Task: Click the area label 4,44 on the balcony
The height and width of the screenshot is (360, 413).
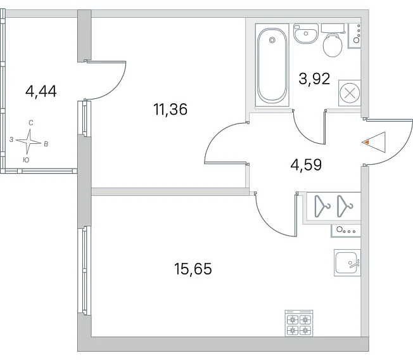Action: [41, 92]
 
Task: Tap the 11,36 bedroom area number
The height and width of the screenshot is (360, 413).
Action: [170, 110]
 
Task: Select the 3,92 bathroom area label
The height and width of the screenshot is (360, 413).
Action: [314, 79]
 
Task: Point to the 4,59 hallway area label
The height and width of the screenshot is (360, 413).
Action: [306, 165]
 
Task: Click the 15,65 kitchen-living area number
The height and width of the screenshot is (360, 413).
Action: [193, 269]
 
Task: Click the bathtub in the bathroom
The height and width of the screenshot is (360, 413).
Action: [272, 65]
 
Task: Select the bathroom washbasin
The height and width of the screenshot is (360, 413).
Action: [306, 34]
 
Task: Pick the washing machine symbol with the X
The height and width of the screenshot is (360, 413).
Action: [350, 93]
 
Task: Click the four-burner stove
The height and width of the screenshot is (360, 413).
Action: [299, 323]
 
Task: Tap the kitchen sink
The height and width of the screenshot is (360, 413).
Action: [347, 262]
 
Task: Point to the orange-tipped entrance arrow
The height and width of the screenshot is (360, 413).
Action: [374, 142]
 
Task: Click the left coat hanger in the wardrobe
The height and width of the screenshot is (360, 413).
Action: [322, 206]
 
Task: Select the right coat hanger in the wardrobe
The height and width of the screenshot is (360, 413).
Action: [345, 206]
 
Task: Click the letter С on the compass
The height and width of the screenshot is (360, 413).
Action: [31, 123]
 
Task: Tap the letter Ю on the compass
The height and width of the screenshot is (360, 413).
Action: [26, 160]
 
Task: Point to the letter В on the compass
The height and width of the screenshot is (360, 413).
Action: [46, 144]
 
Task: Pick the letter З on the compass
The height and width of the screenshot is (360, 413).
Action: [11, 139]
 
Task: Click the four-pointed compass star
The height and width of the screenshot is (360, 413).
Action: [29, 141]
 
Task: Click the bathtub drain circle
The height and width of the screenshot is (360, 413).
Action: [272, 40]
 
